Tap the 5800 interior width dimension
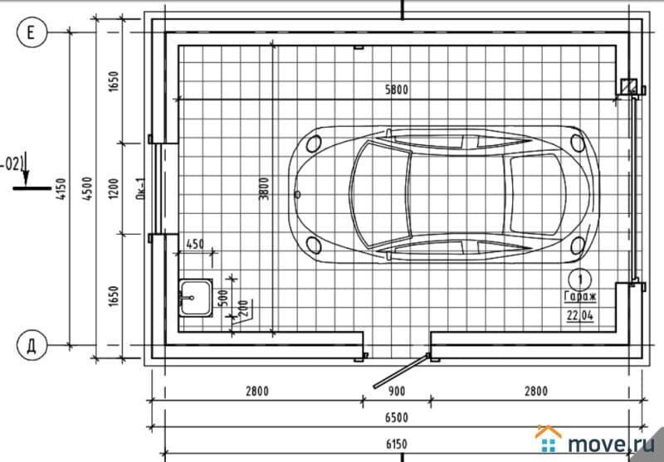tap(397, 90)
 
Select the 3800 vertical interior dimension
tap(264, 188)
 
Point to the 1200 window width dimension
tap(114, 188)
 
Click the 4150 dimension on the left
tap(61, 188)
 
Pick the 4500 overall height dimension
tap(87, 188)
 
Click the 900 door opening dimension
tap(397, 391)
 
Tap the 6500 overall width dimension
tap(397, 418)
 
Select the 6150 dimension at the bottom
tap(397, 445)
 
